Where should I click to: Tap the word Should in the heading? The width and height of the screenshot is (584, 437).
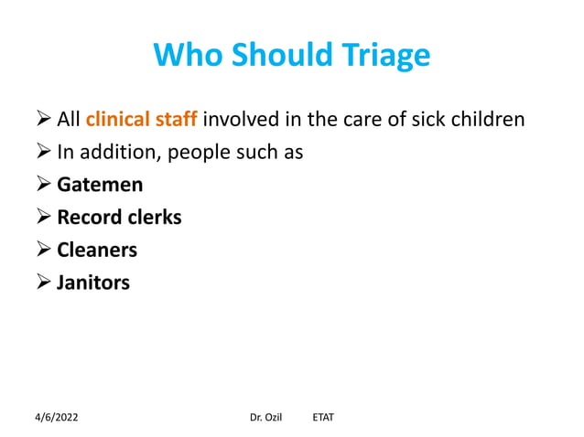point(277,56)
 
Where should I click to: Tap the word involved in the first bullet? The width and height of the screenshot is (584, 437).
point(238,119)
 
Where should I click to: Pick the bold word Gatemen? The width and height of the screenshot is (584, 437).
point(100,185)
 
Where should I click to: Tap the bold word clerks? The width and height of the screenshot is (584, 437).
point(154,218)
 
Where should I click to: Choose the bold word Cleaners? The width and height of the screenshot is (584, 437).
point(97,250)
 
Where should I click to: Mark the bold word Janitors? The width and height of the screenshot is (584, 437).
point(93,282)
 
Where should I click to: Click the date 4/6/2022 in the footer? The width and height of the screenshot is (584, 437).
point(57,417)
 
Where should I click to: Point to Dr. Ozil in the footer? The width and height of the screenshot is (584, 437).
point(265,417)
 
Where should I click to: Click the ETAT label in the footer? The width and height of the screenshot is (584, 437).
point(323,417)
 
